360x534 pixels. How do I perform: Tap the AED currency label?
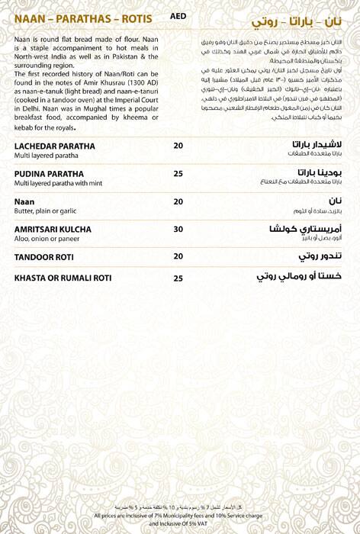[178, 16]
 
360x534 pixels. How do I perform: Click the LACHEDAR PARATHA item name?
[55, 146]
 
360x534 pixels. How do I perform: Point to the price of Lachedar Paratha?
[178, 146]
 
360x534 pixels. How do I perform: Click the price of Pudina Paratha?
[178, 174]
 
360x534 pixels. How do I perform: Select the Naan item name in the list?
[24, 201]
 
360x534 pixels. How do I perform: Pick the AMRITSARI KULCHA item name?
[53, 229]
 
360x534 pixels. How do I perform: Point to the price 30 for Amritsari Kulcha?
[178, 229]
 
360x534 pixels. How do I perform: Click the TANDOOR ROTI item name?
[43, 256]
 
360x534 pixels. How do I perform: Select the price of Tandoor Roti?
[178, 256]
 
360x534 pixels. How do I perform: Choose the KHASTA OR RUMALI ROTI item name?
[63, 278]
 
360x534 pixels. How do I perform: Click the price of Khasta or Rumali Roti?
[178, 278]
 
